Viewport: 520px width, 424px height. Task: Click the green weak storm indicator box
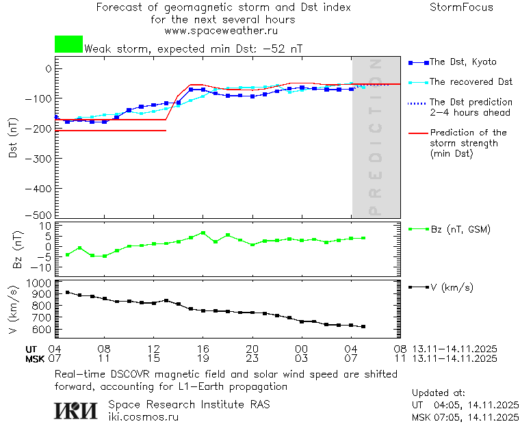[68, 44]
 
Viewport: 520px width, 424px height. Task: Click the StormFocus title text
[461, 8]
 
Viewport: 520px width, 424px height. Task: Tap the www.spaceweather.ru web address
[221, 31]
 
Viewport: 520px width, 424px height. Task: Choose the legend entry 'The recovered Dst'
[471, 82]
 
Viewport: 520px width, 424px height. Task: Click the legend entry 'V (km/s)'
[452, 287]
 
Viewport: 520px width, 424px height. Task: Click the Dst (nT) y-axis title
[13, 137]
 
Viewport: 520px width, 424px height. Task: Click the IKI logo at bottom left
[76, 410]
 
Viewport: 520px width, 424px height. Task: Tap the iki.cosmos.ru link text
[144, 416]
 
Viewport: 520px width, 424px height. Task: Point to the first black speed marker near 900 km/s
[67, 292]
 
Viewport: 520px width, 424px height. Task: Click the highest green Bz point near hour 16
[203, 233]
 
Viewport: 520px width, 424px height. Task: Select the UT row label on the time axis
[32, 349]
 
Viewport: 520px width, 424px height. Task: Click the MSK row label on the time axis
[34, 358]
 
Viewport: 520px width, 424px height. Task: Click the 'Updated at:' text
[439, 393]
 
